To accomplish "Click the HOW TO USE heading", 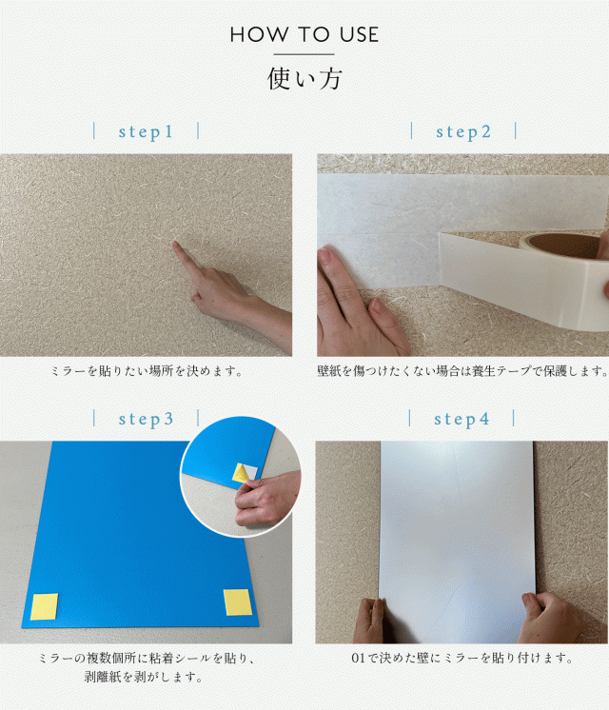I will click(304, 35).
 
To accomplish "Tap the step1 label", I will click(146, 132).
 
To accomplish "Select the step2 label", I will click(463, 132).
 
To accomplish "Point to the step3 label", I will click(146, 419).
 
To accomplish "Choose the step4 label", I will click(462, 419).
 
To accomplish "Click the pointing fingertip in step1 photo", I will click(177, 247).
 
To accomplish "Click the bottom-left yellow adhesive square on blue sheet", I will click(44, 606).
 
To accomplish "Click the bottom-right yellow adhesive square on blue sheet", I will click(237, 602).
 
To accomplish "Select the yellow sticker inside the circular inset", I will click(243, 472).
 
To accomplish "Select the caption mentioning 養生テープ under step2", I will click(462, 370).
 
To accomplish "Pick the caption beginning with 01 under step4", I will click(462, 658).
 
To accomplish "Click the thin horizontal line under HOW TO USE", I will click(304, 55).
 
